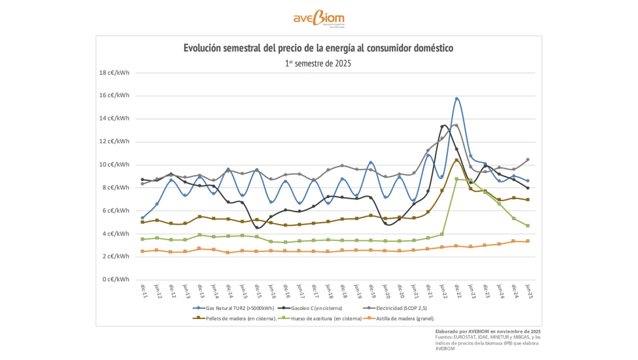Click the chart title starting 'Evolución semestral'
(318, 48)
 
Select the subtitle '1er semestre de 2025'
(318, 63)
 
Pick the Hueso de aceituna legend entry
(327, 318)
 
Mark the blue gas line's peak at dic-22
(457, 99)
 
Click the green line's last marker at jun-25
(527, 226)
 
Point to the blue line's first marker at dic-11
(143, 217)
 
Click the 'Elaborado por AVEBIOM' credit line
(488, 331)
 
